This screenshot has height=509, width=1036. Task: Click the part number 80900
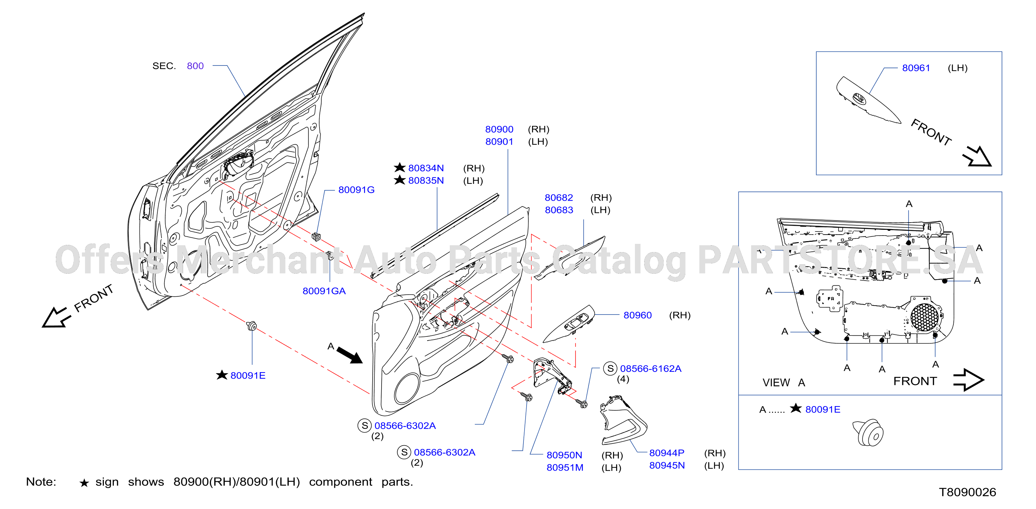click(499, 129)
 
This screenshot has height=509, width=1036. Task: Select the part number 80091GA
click(324, 291)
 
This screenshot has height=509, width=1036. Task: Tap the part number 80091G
click(356, 190)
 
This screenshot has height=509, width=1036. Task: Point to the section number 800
click(195, 66)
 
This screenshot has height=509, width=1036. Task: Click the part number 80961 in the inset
click(916, 68)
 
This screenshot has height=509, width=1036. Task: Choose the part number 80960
click(637, 315)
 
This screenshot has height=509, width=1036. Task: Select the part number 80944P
click(667, 453)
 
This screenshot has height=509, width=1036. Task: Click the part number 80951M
click(565, 467)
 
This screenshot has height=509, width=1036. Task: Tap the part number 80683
click(559, 210)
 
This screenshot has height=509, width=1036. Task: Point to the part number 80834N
click(426, 168)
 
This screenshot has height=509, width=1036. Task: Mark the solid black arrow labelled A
click(349, 355)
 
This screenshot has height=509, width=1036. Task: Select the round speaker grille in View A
click(924, 317)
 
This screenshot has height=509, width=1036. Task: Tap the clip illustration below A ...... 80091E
click(868, 433)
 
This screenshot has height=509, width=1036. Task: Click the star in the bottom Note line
click(84, 483)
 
